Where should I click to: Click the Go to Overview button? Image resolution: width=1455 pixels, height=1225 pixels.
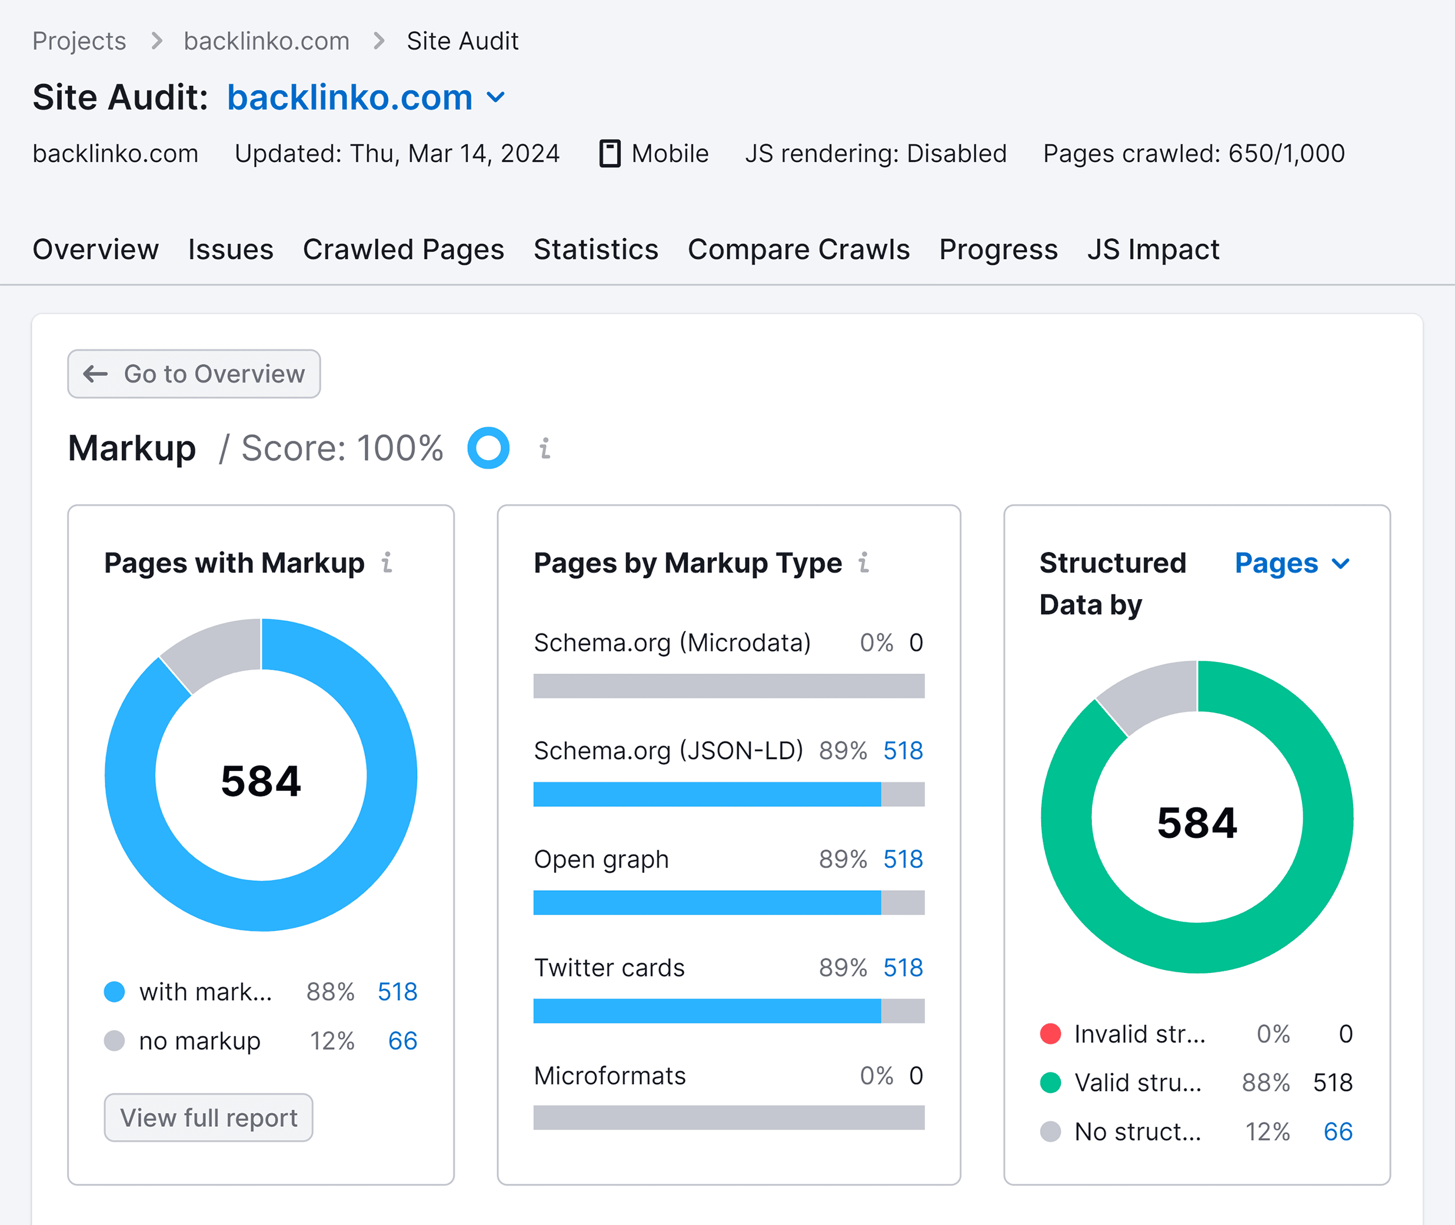click(x=194, y=374)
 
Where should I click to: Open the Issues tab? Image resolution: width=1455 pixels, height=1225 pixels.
click(x=230, y=249)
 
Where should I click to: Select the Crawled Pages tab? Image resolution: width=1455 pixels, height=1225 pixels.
click(x=403, y=249)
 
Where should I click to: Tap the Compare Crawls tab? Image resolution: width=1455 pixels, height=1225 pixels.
click(x=799, y=249)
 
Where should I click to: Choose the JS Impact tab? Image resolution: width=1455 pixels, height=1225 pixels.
click(x=1152, y=249)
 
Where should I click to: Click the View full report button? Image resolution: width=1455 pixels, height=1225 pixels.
click(x=208, y=1117)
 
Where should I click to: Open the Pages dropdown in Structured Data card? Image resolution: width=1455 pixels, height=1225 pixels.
click(x=1292, y=563)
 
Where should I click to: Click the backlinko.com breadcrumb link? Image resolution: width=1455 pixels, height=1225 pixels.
click(x=267, y=41)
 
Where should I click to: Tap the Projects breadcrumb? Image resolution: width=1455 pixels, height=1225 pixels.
click(x=79, y=41)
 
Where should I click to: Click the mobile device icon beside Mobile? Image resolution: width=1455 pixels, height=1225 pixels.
click(x=609, y=154)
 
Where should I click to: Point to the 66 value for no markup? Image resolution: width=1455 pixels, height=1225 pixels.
click(x=403, y=1040)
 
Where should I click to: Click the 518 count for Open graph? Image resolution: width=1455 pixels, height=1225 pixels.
click(x=903, y=859)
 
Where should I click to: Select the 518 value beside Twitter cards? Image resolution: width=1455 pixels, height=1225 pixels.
click(x=903, y=967)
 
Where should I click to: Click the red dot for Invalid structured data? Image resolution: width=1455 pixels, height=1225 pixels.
click(x=1051, y=1033)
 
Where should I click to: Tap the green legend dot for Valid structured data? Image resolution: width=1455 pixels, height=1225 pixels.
click(x=1051, y=1082)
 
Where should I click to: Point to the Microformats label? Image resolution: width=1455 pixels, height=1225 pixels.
click(x=609, y=1076)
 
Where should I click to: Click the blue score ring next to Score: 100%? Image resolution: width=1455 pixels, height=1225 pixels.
click(x=488, y=448)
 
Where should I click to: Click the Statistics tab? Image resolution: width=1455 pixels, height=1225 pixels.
click(x=595, y=249)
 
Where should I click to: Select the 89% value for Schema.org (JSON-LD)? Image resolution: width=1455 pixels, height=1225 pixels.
click(x=843, y=750)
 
